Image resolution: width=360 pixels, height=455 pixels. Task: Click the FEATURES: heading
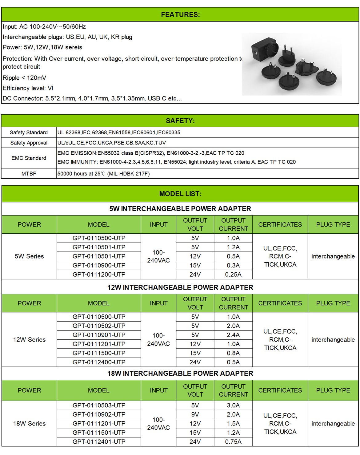(180, 14)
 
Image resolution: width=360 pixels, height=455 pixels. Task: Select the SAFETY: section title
(180, 121)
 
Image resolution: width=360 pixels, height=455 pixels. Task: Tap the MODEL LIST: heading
(180, 194)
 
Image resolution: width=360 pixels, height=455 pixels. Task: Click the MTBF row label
(29, 174)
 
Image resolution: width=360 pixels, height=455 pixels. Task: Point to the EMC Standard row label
(29, 158)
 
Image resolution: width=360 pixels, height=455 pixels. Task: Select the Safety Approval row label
(29, 143)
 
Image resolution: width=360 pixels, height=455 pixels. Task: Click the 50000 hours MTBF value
(103, 174)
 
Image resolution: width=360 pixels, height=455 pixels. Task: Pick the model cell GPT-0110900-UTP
(99, 265)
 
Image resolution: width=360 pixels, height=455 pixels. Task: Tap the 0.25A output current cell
(233, 275)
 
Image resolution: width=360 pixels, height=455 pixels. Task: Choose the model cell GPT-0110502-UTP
(99, 326)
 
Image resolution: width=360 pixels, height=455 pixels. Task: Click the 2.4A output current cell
(233, 335)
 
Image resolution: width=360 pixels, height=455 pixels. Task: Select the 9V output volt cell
(195, 414)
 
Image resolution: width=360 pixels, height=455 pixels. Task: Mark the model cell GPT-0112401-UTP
(99, 442)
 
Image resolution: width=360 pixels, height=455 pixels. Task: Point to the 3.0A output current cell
(233, 406)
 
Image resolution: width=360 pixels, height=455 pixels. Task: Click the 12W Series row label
(29, 340)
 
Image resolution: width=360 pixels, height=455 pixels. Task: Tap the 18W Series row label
(29, 424)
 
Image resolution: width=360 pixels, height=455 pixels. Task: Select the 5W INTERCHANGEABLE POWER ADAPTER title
(180, 209)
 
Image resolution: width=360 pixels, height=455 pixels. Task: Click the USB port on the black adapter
(255, 55)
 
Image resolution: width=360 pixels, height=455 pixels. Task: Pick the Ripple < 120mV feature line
(24, 78)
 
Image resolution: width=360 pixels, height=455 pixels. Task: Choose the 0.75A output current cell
(233, 442)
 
